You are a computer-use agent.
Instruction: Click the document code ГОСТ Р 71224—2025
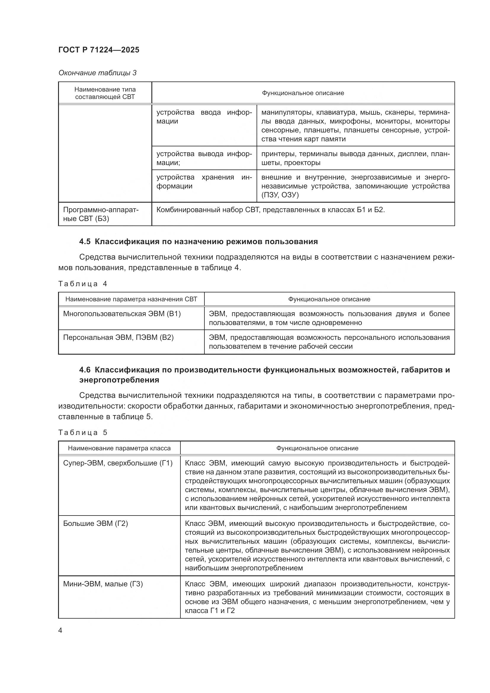pos(99,50)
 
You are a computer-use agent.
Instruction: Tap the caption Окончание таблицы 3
pos(97,73)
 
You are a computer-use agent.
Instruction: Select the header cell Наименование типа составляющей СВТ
pos(105,93)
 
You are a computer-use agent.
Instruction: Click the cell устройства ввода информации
pos(204,117)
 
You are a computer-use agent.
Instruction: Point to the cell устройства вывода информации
pos(204,158)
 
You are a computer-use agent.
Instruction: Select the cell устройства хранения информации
pos(204,181)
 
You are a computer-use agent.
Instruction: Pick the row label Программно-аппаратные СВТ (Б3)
pos(101,214)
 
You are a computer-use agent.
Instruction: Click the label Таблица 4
pos(83,284)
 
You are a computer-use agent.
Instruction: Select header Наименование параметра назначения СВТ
pos(131,299)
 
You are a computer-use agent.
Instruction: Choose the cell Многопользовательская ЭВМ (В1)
pos(122,314)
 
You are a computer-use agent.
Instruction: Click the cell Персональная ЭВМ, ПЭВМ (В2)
pos(118,337)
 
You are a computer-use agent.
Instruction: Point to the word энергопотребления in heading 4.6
pos(119,380)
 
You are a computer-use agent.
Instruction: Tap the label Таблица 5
pos(83,433)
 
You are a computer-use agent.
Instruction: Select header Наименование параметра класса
pos(119,448)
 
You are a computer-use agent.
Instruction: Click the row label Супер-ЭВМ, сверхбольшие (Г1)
pos(118,463)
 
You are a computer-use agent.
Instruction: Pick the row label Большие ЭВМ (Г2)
pos(95,523)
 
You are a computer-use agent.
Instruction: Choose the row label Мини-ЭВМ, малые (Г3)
pos(103,584)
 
